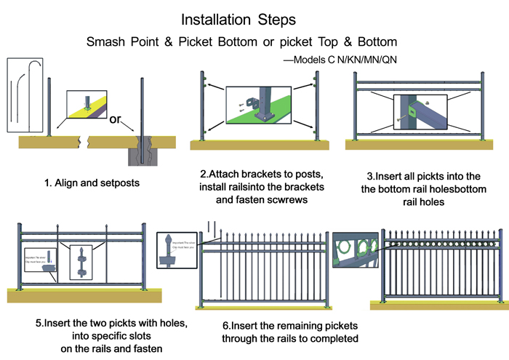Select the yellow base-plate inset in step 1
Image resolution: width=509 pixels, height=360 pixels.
[87, 104]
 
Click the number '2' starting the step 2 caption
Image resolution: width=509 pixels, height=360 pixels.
[203, 175]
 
